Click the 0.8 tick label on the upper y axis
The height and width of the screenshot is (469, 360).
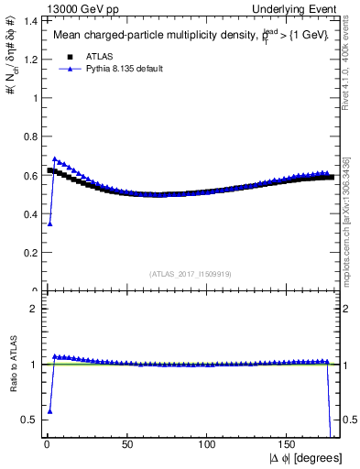pos(27,136)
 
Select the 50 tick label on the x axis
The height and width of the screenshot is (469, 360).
pos(126,444)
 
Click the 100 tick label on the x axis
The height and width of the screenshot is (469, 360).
pos(208,444)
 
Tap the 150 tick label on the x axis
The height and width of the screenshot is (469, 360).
pos(289,444)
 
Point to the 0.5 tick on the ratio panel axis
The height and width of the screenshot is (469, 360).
pos(28,420)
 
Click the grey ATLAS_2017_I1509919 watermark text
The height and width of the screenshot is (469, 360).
pos(191,274)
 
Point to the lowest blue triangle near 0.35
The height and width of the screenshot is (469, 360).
pos(49,224)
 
